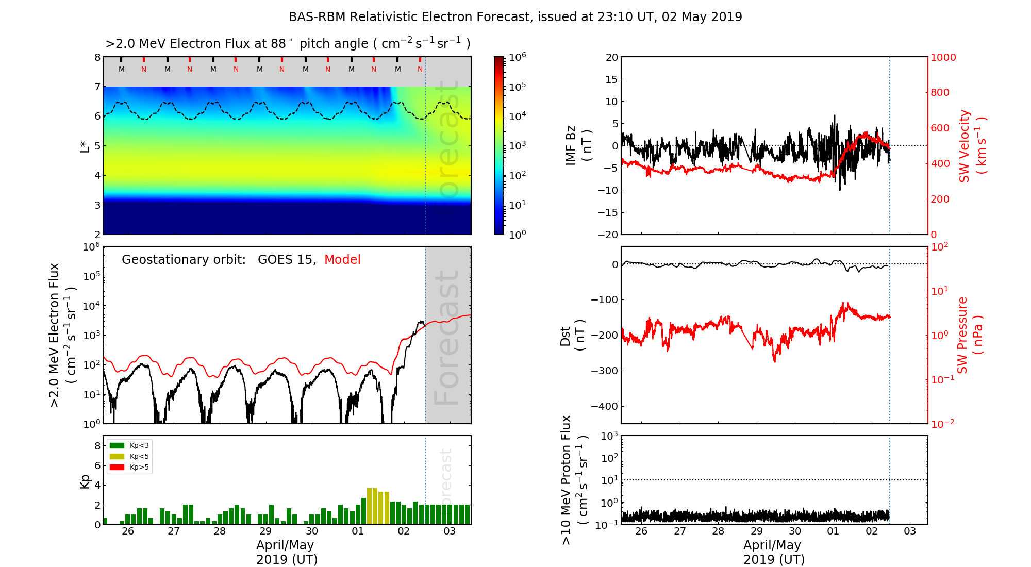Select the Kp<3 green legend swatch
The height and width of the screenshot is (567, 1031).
[x=117, y=445]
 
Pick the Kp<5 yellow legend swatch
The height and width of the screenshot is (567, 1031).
[x=117, y=456]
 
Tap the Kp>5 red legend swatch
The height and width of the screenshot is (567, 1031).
[x=117, y=468]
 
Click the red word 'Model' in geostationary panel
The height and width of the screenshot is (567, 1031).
[x=342, y=260]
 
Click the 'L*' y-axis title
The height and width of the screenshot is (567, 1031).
[x=85, y=146]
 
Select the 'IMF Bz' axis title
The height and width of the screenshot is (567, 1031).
[x=571, y=145]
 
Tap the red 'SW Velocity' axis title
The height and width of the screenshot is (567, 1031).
[x=965, y=146]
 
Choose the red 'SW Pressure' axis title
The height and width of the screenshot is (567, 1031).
[x=962, y=335]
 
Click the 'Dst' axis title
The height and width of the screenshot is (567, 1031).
[x=566, y=336]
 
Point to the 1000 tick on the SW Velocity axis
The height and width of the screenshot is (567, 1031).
[x=943, y=57]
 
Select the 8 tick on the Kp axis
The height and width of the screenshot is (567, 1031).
[x=97, y=446]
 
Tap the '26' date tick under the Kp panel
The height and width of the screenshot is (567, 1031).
[x=128, y=531]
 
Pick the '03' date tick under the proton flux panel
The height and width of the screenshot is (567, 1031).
[x=910, y=531]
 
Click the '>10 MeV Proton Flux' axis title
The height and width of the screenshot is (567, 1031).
[x=567, y=480]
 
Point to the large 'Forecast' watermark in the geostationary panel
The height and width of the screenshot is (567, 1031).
[x=447, y=338]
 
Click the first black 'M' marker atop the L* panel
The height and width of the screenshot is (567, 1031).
[x=122, y=69]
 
